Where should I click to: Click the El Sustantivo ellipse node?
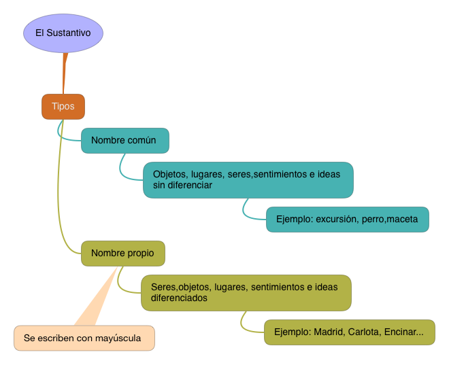[x=63, y=33]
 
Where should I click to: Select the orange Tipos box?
[x=63, y=107]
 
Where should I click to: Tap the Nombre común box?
[x=124, y=141]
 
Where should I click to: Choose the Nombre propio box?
[x=123, y=254]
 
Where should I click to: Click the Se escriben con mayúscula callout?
[x=84, y=338]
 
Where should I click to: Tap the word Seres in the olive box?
[x=163, y=288]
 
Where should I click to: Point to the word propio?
[x=139, y=254]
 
